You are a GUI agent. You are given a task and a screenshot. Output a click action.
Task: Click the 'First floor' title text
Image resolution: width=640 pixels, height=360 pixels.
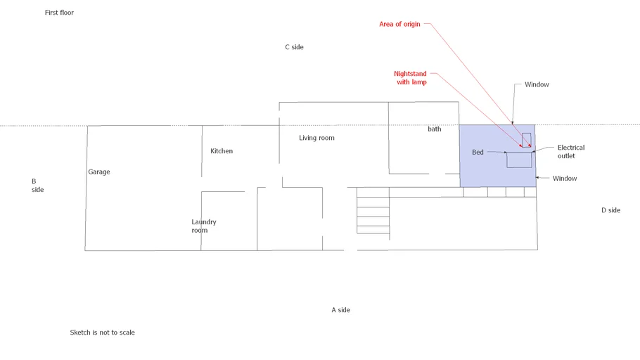click(x=59, y=13)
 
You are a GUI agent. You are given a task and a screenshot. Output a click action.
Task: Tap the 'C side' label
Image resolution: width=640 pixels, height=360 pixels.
click(x=294, y=47)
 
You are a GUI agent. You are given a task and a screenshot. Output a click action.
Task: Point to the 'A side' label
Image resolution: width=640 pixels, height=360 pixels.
click(x=341, y=310)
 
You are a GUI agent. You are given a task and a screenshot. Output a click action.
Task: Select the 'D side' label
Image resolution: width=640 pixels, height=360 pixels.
click(x=610, y=210)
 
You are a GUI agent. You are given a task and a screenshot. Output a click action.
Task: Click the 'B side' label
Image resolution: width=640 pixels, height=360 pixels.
click(x=37, y=186)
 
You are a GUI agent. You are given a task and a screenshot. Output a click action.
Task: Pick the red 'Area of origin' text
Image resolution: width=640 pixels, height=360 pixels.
click(x=399, y=24)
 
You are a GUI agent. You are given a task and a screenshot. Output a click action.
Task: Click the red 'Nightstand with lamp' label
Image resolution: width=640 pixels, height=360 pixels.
click(x=411, y=77)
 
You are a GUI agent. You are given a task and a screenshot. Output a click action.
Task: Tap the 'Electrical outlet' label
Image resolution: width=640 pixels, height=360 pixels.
click(x=571, y=151)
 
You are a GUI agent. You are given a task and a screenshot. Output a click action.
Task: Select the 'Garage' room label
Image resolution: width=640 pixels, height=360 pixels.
click(x=99, y=172)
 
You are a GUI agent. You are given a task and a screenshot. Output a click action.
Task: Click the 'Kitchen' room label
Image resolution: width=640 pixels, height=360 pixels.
click(x=222, y=151)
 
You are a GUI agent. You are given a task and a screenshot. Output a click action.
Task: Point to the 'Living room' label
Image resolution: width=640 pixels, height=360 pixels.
click(x=316, y=138)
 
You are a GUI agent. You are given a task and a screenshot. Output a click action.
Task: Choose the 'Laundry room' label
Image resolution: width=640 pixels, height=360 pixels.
click(x=204, y=226)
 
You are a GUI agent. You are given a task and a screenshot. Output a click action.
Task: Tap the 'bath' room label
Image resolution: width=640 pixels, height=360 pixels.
click(x=435, y=129)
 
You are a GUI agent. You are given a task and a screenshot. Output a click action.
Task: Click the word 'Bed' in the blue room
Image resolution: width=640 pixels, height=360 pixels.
click(x=478, y=153)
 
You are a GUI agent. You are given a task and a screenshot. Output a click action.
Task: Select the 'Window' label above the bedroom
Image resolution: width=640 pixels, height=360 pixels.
click(x=537, y=84)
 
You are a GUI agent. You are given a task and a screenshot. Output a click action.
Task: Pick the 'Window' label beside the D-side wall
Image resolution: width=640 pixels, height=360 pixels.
click(x=565, y=179)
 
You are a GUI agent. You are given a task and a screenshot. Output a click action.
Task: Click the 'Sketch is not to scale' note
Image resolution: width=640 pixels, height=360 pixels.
click(x=103, y=333)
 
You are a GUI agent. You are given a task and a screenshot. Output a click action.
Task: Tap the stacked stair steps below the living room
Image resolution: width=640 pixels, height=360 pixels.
click(x=373, y=211)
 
